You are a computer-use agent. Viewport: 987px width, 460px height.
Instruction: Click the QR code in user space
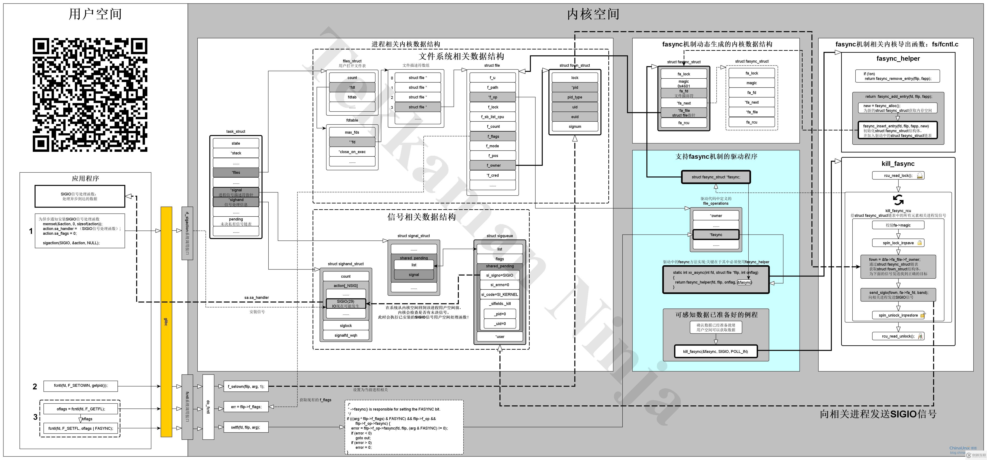pyautogui.click(x=90, y=95)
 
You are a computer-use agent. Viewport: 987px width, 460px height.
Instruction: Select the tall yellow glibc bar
pyautogui.click(x=166, y=322)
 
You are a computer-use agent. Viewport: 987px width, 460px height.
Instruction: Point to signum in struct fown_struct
pyautogui.click(x=575, y=127)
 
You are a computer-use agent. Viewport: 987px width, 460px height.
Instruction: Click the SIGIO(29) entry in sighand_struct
pyautogui.click(x=346, y=303)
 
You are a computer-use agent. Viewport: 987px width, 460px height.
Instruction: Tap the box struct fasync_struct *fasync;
pyautogui.click(x=716, y=177)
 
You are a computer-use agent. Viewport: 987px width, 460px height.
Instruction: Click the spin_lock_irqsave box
pyautogui.click(x=898, y=243)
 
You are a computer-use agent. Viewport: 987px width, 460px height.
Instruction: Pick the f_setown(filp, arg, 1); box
pyautogui.click(x=246, y=386)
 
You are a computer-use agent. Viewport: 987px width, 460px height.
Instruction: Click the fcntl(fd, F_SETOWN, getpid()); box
pyautogui.click(x=80, y=385)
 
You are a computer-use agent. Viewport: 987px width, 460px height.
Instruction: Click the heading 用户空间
pyautogui.click(x=95, y=14)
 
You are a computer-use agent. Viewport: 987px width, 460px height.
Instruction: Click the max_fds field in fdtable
pyautogui.click(x=352, y=132)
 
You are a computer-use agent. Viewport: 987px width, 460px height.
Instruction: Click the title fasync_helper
pyautogui.click(x=898, y=58)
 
